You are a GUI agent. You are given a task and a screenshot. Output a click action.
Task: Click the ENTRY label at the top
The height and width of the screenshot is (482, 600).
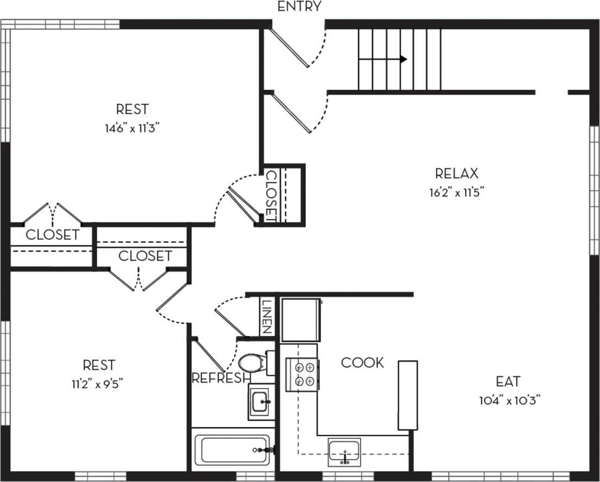pos(299,7)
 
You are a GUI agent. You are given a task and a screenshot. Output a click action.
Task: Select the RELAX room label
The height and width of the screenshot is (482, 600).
pos(457,173)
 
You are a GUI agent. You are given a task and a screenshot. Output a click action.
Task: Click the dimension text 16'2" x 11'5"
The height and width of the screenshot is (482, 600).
pos(457,192)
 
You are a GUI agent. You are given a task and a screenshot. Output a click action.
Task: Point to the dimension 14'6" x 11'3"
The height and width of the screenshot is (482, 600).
pos(132,128)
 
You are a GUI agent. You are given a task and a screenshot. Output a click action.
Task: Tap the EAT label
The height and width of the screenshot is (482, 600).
pos(508,381)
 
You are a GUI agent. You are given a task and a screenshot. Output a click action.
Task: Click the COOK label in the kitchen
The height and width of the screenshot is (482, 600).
pos(362,362)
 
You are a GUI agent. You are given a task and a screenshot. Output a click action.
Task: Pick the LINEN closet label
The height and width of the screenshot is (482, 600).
pos(267,316)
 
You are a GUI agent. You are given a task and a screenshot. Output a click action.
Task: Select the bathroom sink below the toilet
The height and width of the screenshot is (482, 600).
pos(262,402)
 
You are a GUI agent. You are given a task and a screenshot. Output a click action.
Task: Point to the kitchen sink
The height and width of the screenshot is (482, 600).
pos(344,452)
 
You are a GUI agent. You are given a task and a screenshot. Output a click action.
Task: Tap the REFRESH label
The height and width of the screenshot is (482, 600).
pos(221,378)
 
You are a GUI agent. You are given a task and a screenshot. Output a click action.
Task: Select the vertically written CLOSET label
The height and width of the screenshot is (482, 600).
pos(271,196)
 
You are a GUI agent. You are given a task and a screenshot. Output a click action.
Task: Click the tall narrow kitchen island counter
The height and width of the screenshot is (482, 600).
pos(408,395)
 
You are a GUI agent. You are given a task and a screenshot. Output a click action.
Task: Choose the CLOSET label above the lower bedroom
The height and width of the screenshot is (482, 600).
pos(145,255)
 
